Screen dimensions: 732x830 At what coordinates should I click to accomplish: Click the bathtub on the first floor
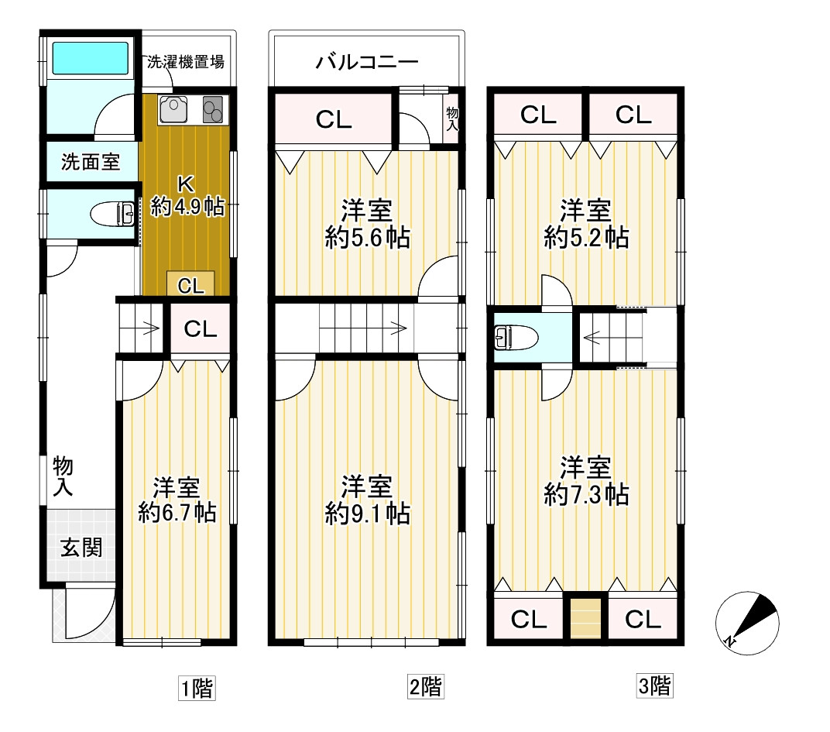click(x=90, y=59)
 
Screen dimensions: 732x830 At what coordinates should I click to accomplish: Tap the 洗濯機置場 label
click(x=186, y=62)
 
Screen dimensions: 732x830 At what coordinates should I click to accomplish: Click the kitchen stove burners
click(x=213, y=109)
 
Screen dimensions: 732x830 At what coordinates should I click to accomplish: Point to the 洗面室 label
click(x=91, y=163)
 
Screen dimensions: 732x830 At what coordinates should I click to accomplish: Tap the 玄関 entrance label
click(x=81, y=548)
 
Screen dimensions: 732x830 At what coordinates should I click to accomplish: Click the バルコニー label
click(x=367, y=62)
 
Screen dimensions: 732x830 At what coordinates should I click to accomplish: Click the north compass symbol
click(x=746, y=620)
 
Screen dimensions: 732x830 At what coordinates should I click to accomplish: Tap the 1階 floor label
click(x=197, y=686)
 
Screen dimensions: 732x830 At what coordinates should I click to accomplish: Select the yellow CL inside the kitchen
click(x=191, y=285)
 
